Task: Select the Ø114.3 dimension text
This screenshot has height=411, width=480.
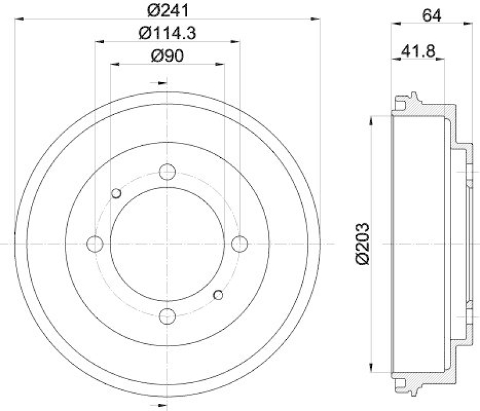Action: [x=168, y=34]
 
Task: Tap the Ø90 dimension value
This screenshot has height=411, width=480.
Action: [x=167, y=56]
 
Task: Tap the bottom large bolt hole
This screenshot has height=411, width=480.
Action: [x=167, y=315]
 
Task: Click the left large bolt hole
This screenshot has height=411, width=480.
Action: [x=95, y=244]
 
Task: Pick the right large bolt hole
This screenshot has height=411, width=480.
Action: [x=239, y=244]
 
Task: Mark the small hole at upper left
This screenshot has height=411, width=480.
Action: [x=116, y=193]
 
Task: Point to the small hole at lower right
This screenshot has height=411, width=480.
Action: [x=218, y=295]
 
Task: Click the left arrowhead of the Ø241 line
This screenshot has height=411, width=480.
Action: [x=20, y=20]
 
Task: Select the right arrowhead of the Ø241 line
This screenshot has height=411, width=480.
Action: [x=314, y=20]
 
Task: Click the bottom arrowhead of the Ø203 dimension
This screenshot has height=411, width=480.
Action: [x=373, y=368]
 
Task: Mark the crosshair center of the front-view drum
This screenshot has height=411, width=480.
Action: [x=167, y=244]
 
